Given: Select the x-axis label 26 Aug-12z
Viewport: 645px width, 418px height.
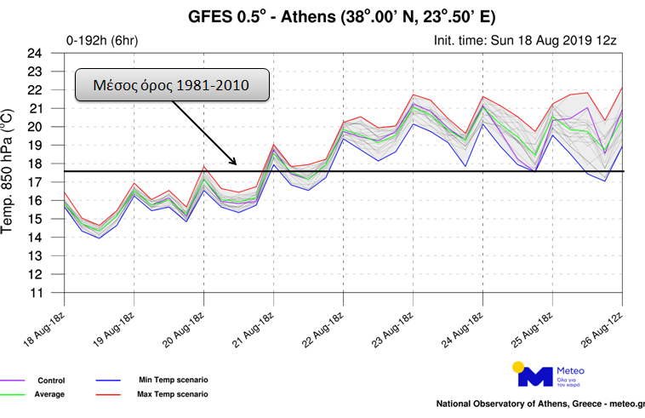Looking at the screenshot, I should [x=605, y=322].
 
